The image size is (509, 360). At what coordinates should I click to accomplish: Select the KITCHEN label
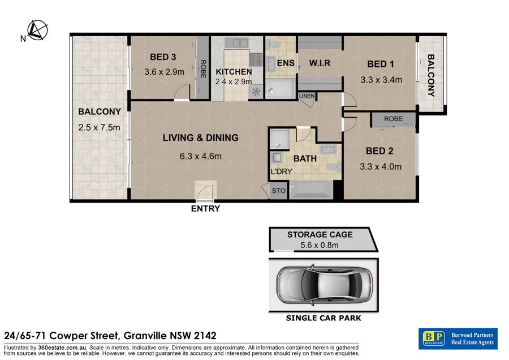234,71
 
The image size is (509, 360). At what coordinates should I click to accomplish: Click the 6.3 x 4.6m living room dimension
200,156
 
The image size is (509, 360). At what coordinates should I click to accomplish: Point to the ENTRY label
205,209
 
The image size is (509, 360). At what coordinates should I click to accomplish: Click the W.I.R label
319,63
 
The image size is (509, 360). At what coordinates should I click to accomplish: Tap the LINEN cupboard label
307,96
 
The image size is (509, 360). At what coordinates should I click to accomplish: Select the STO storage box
279,191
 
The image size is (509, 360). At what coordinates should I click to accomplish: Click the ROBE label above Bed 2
393,119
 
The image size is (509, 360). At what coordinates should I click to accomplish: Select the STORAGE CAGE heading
320,234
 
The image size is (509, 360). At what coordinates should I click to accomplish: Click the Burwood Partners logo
458,338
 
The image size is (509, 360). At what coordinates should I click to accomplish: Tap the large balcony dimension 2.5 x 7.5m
100,127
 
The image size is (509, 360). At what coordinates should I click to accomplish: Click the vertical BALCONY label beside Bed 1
431,75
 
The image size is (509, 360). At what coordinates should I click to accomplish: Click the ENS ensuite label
286,63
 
